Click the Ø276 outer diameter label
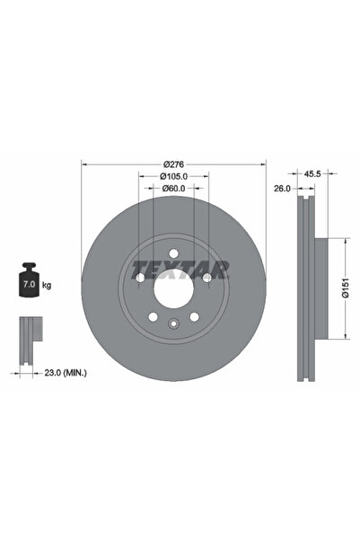point(174,164)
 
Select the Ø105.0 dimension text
point(174,177)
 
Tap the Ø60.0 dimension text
point(174,189)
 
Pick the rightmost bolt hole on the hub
point(208,278)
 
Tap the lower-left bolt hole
point(153,318)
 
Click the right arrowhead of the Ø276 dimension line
point(264,164)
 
